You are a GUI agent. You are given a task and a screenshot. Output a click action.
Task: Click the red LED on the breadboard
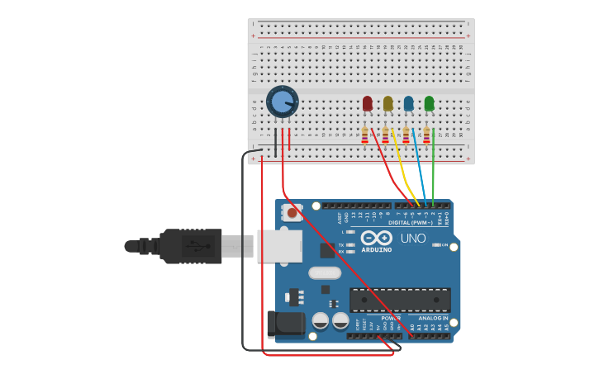368,103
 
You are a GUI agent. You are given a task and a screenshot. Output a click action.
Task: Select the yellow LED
388,103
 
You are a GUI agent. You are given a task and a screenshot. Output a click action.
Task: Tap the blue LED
408,103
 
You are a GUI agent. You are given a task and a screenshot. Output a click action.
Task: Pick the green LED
429,103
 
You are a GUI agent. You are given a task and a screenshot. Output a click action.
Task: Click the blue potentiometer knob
282,102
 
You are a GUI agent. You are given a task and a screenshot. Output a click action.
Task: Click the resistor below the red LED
365,135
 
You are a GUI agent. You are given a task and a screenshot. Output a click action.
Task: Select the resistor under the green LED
426,135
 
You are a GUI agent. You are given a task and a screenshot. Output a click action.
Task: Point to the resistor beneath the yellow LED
386,135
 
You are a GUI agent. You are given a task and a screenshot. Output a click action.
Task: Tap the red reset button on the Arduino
292,213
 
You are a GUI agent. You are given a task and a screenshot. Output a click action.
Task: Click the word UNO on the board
413,239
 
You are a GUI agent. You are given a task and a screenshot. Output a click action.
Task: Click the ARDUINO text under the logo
377,249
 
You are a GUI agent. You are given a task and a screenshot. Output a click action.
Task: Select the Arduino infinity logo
377,238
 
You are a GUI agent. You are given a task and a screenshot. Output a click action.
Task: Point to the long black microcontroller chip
400,300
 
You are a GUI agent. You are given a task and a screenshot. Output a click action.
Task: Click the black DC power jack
286,323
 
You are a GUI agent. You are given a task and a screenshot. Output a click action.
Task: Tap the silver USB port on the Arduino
279,246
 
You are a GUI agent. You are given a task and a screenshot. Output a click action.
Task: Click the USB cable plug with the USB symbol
191,246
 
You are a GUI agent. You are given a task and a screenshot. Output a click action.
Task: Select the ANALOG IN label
433,318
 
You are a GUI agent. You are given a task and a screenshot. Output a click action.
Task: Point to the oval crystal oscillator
324,272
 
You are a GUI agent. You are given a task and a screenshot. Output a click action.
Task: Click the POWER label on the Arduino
390,318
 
